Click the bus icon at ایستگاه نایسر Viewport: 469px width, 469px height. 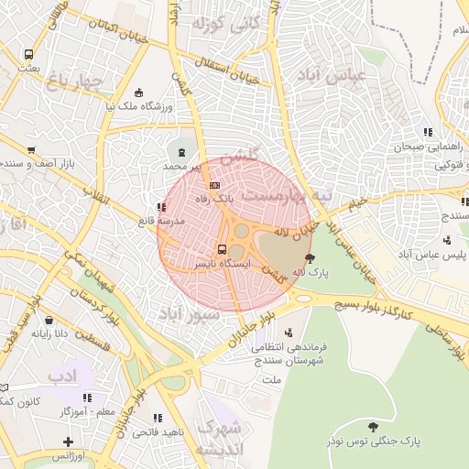point(222,249)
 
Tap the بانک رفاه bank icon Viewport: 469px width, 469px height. point(214,185)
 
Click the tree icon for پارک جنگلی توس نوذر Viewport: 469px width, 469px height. point(373,426)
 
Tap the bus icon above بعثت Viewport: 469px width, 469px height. point(28,55)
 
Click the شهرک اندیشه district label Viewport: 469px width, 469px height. point(222,437)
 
